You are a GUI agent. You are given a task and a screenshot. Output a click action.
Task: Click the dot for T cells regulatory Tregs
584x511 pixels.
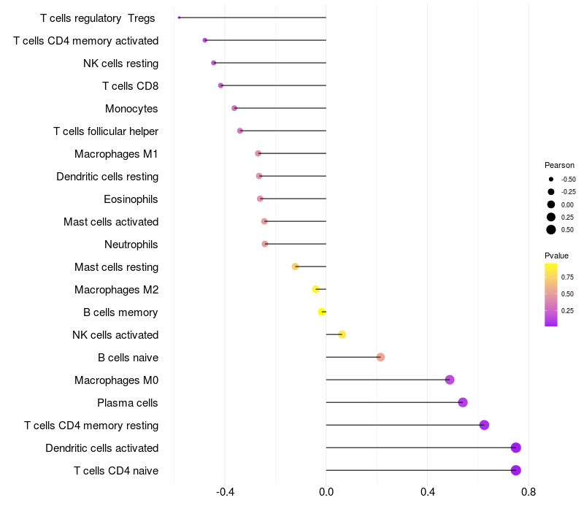tap(179, 18)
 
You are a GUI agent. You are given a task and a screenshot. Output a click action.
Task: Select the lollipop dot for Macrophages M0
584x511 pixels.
tap(450, 380)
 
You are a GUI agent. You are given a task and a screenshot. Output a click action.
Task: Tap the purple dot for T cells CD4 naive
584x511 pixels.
tap(516, 470)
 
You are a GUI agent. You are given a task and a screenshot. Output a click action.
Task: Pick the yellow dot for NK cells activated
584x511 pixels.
tap(342, 334)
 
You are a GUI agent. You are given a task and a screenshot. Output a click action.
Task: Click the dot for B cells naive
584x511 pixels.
tap(380, 357)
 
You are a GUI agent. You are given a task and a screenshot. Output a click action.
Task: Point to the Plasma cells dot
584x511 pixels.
tap(463, 402)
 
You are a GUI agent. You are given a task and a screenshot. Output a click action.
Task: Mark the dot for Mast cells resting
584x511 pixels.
tap(295, 266)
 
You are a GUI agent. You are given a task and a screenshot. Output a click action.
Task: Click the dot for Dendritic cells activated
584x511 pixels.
tap(516, 447)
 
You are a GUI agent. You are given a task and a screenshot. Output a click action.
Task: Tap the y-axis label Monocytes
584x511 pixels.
tap(131, 109)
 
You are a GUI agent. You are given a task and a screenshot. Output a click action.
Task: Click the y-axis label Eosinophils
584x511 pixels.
tap(131, 199)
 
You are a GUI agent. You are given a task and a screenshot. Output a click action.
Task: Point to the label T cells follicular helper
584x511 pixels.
tap(106, 131)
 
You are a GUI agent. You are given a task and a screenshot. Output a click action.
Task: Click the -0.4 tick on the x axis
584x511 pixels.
tap(225, 492)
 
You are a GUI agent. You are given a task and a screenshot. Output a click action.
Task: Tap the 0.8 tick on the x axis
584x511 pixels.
tap(529, 492)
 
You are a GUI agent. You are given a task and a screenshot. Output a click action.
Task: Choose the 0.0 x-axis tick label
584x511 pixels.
tap(326, 492)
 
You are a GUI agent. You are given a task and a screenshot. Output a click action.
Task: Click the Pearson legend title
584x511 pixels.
tap(559, 165)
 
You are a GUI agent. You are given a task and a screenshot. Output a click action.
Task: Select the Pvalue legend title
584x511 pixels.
tap(556, 255)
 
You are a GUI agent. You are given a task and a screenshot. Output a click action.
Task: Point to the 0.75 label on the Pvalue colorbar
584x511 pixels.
tap(567, 277)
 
